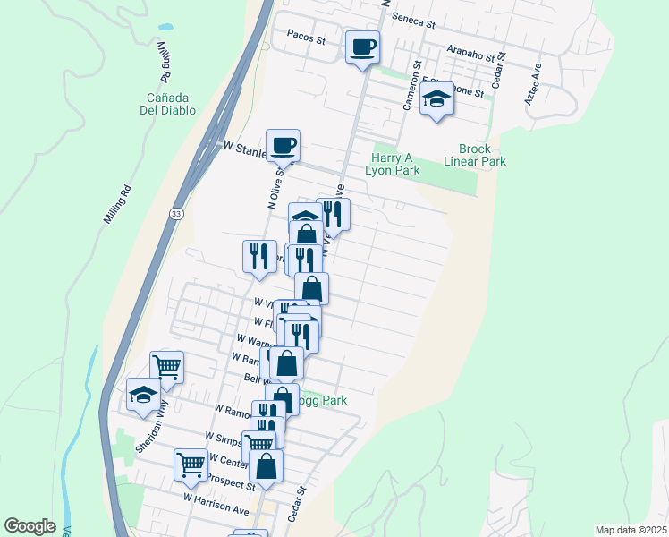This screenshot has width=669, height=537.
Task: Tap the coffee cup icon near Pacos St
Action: [362, 47]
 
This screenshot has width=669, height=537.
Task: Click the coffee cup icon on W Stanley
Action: [283, 145]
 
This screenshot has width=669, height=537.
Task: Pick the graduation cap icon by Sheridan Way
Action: [143, 395]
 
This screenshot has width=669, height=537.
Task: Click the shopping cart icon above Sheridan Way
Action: [166, 366]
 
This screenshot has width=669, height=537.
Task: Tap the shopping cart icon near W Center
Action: [191, 464]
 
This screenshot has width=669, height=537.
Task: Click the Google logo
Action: [30, 526]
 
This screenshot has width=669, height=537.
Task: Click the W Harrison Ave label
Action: [216, 503]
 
